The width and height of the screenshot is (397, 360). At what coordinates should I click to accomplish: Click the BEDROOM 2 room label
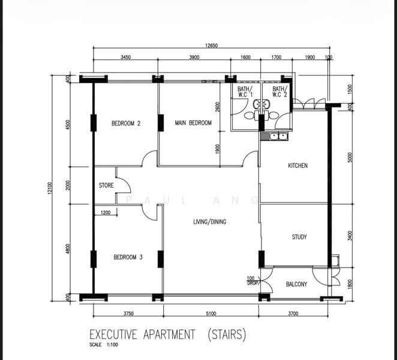pos(126,124)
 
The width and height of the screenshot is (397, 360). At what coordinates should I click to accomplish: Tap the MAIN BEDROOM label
pos(193,123)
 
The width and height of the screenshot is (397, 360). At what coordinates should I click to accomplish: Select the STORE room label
pos(106,185)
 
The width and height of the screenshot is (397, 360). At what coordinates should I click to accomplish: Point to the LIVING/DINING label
pos(210,222)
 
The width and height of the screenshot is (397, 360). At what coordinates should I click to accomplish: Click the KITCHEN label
pos(297,166)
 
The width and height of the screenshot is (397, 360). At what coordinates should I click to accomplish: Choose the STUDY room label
pos(299,237)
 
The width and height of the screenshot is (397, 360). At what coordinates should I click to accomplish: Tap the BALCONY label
pos(296,284)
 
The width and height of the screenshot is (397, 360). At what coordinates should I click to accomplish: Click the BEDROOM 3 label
pos(128,257)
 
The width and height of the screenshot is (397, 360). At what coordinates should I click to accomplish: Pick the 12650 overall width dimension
pos(212,46)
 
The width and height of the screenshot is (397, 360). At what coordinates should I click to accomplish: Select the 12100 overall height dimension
pos(50,188)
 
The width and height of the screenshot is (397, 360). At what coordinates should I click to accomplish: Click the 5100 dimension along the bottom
pos(211,314)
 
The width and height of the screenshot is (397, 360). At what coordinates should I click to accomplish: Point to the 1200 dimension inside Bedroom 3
pos(106,212)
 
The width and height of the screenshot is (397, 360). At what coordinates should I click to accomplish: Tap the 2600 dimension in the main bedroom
pos(218,107)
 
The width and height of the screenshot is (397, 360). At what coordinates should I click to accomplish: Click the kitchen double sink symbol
pos(278,137)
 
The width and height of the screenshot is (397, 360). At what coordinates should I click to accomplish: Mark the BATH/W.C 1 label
pos(245,92)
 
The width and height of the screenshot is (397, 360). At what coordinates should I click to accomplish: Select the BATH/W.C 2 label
pos(280,92)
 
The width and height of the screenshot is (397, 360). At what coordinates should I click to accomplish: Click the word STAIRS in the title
pos(227,334)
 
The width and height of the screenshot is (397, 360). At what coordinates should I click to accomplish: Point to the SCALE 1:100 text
pos(104,345)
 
